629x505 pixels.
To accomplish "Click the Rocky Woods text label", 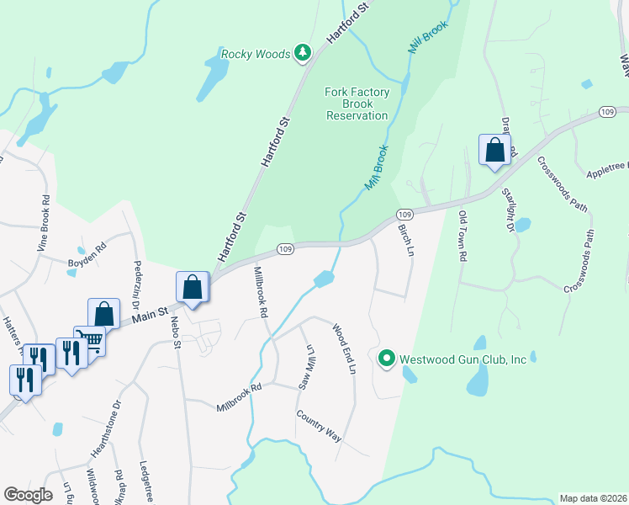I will [255, 55].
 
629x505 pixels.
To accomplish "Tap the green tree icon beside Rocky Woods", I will [302, 55].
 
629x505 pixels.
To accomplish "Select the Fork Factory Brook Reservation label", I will [357, 103].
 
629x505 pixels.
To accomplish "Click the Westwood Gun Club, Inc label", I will [462, 359].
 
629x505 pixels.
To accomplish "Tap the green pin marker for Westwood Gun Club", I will [387, 359].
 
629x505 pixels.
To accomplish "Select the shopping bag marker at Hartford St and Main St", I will [193, 287].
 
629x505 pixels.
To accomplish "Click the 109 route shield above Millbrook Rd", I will [285, 249].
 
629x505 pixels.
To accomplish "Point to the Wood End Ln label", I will [345, 348].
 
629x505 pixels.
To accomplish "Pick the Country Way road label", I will [319, 426].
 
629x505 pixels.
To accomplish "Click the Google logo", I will [29, 494].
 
